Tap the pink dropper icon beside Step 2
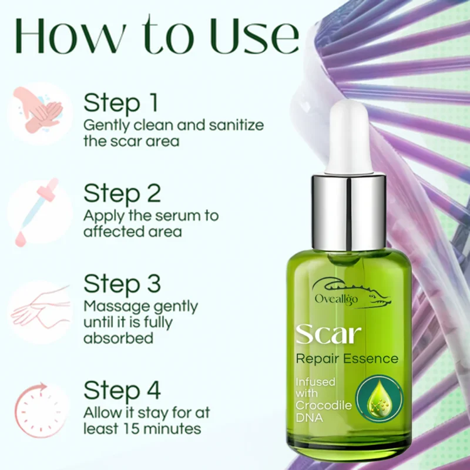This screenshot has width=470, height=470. click(39, 211)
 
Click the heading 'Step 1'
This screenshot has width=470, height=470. click(121, 103)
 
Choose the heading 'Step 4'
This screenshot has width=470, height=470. click(122, 390)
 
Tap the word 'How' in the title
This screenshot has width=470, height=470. click(65, 36)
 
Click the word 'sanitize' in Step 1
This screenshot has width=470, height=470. click(234, 125)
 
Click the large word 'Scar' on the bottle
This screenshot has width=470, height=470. click(328, 334)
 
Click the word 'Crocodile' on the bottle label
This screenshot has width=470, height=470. click(323, 405)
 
